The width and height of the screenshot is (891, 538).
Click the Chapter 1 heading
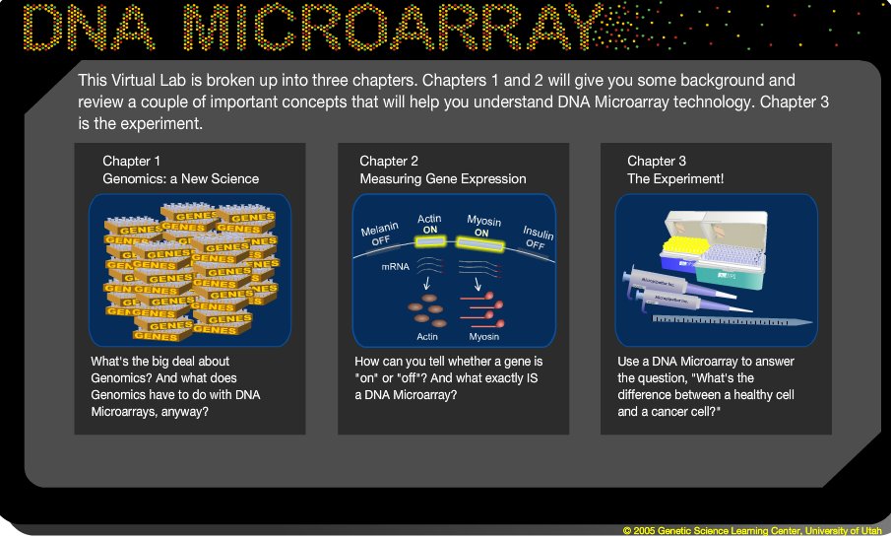click(x=131, y=161)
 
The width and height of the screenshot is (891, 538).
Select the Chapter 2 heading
click(x=389, y=161)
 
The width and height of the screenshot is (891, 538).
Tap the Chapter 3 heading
click(x=657, y=161)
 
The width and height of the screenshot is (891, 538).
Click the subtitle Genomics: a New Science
click(x=180, y=178)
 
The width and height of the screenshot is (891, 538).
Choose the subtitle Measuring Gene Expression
click(x=442, y=178)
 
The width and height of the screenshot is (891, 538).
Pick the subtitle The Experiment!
click(x=675, y=178)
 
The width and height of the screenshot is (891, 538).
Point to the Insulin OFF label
click(x=535, y=236)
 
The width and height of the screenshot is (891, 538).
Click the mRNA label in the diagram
click(x=383, y=266)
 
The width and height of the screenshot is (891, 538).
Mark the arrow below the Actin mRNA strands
click(x=426, y=286)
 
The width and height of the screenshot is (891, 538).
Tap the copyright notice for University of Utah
click(x=752, y=530)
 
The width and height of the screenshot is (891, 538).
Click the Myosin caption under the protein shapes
click(x=483, y=337)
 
